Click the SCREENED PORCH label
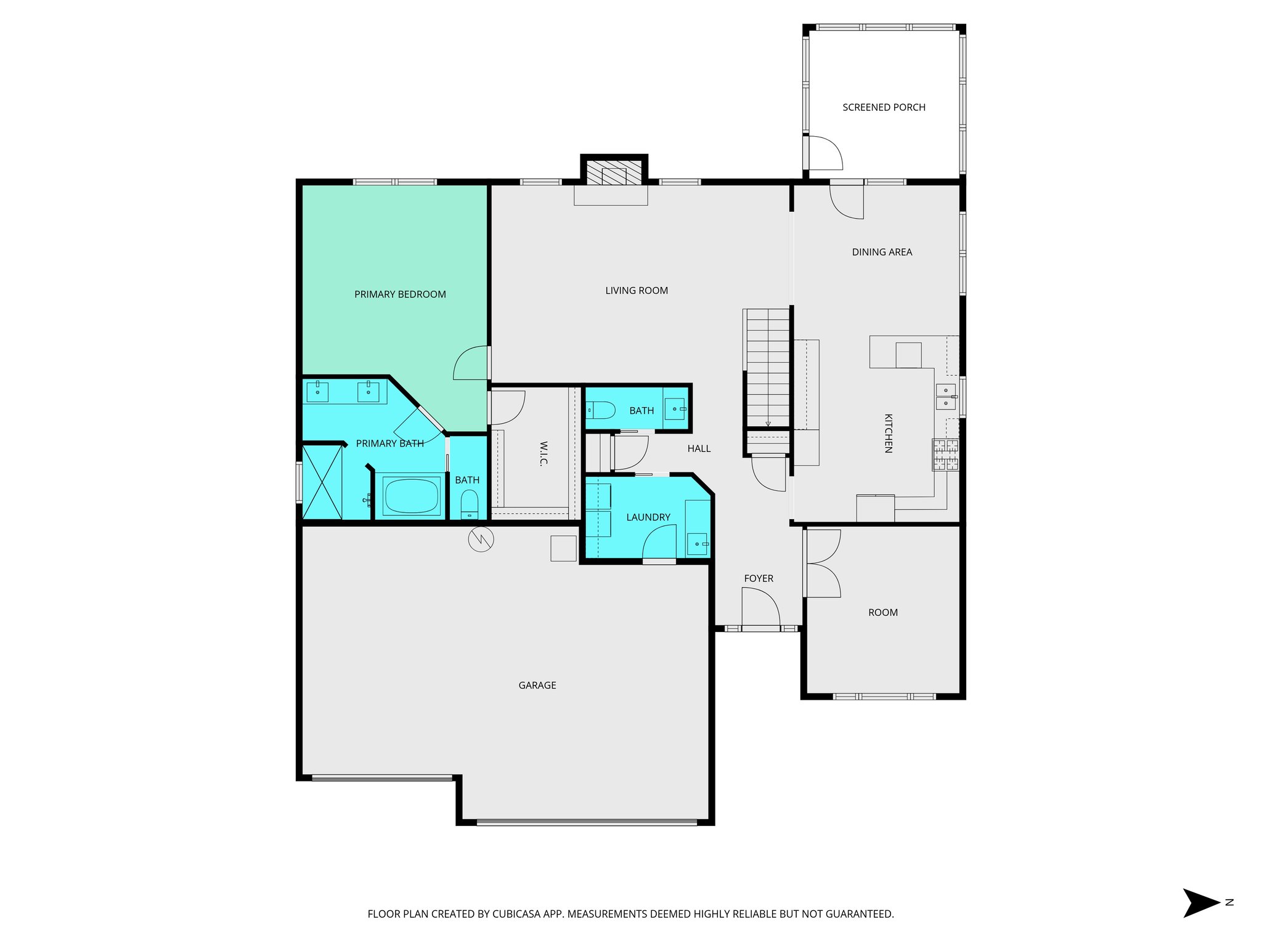click(x=884, y=107)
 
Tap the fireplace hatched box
click(x=614, y=173)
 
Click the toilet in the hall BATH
click(x=601, y=410)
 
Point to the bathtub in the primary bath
click(x=411, y=495)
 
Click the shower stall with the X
click(x=322, y=482)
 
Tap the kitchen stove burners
click(x=945, y=455)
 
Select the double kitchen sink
click(x=945, y=397)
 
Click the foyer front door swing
click(x=760, y=608)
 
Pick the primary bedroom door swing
click(x=471, y=363)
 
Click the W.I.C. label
click(x=543, y=453)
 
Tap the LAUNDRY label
click(x=648, y=517)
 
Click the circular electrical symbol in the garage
click(x=481, y=540)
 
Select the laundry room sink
click(x=697, y=544)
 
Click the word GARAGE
click(x=537, y=685)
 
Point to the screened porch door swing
click(x=825, y=153)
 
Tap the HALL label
click(x=699, y=448)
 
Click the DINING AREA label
click(x=882, y=252)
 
